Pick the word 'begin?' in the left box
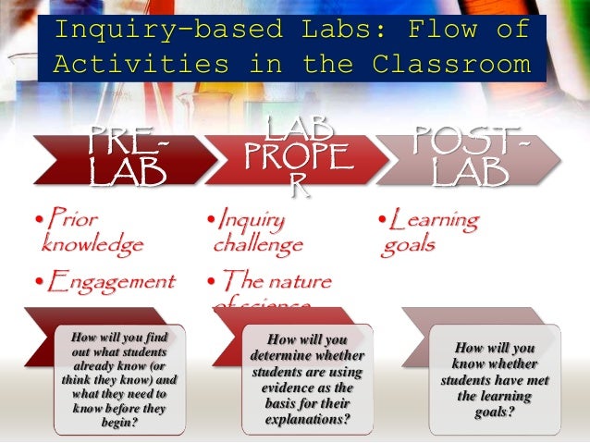click(118, 423)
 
